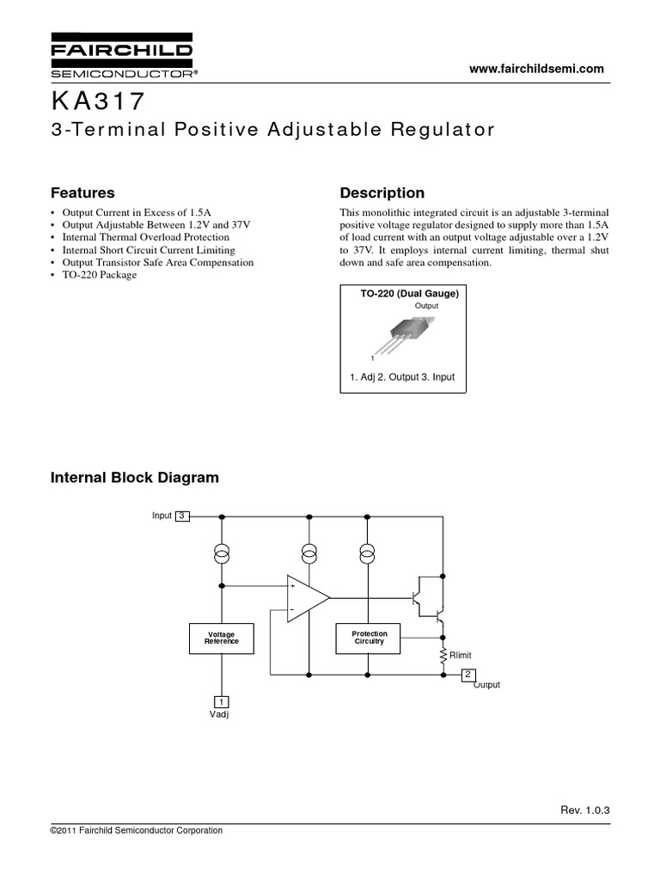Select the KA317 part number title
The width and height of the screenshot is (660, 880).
(x=99, y=102)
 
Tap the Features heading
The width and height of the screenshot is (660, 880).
(x=82, y=192)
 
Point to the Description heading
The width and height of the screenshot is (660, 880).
(x=382, y=192)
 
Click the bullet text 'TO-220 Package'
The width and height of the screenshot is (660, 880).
(x=99, y=275)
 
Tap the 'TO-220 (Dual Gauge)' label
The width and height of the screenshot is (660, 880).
(x=410, y=294)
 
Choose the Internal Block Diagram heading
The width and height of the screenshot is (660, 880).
(x=135, y=477)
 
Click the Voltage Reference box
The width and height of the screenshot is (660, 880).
(x=220, y=637)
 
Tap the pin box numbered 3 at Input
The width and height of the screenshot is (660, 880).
(x=182, y=516)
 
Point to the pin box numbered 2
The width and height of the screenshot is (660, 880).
(x=468, y=674)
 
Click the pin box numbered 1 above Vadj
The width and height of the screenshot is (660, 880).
(x=220, y=700)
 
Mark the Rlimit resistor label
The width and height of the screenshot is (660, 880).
(x=461, y=655)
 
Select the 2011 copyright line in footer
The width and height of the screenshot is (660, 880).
(x=137, y=831)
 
